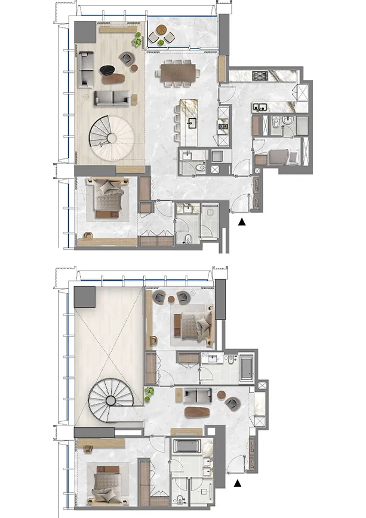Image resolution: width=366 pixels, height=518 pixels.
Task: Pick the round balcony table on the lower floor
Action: pyautogui.click(x=161, y=30)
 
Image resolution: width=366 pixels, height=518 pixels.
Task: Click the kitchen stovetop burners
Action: pyautogui.click(x=261, y=75)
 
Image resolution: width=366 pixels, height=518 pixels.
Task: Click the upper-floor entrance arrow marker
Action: pyautogui.click(x=238, y=483)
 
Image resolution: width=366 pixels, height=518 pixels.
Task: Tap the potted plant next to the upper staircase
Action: pyautogui.click(x=147, y=392)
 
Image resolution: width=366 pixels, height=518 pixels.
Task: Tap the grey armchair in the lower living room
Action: pyautogui.click(x=127, y=58)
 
